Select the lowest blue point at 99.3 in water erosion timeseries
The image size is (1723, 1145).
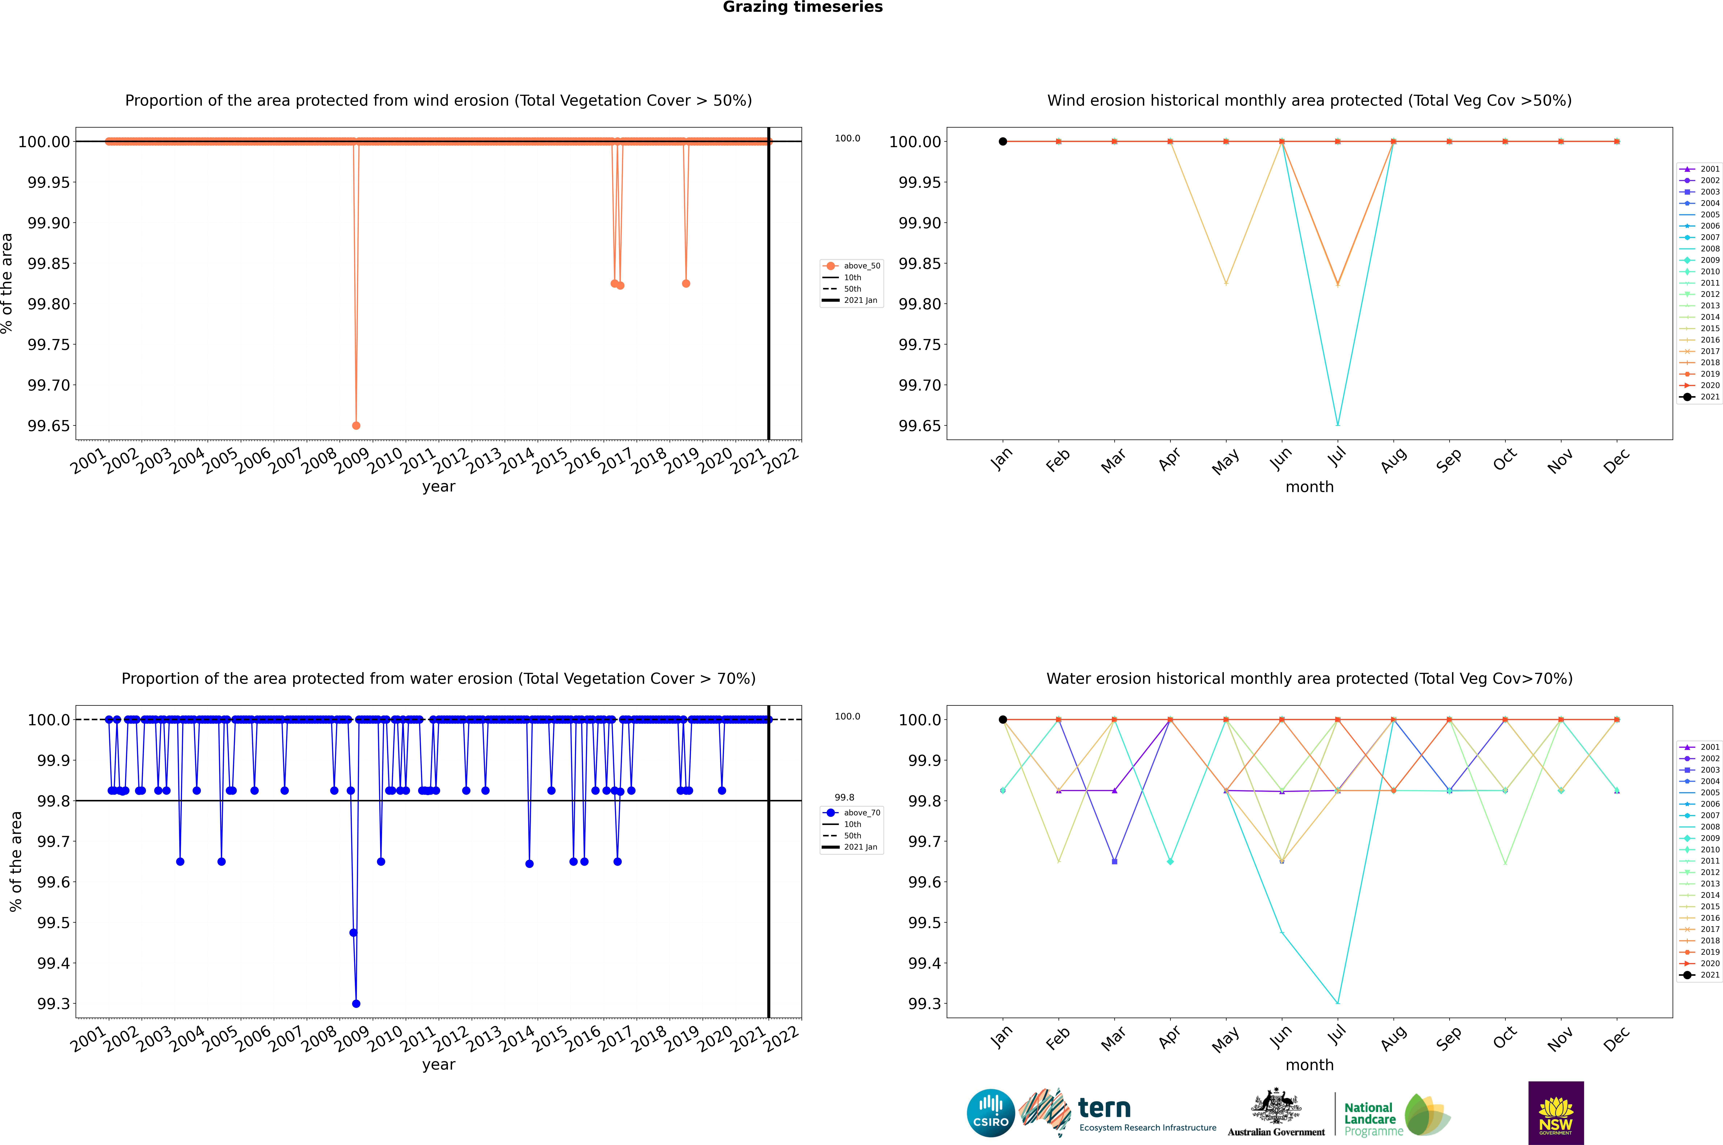tap(356, 1003)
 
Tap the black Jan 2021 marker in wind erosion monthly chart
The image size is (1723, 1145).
tap(1003, 142)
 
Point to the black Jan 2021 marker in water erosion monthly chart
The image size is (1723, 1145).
tap(1003, 719)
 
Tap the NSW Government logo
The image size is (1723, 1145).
tap(1556, 1113)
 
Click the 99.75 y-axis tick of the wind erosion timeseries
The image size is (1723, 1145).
tap(49, 345)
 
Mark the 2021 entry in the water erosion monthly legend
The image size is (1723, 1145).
tap(1700, 975)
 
